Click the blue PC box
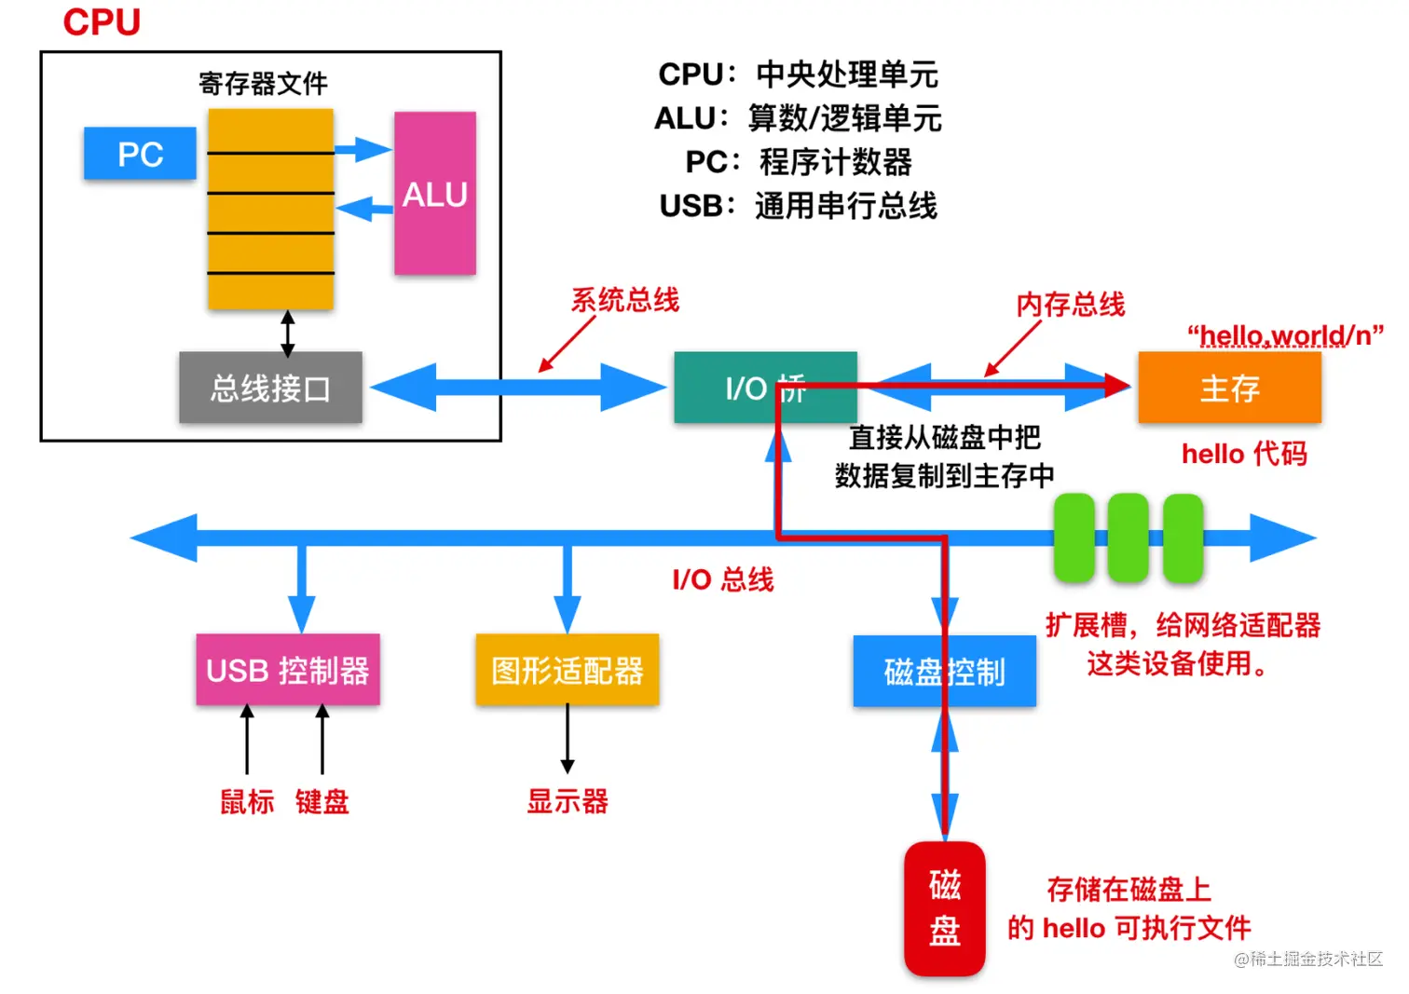tap(140, 154)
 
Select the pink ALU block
tap(434, 194)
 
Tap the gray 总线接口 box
tap(270, 388)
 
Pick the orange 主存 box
tap(1229, 388)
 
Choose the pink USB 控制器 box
tap(288, 670)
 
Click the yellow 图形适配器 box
tap(567, 670)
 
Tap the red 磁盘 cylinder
tap(944, 908)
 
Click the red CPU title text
tap(102, 22)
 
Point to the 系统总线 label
tap(624, 300)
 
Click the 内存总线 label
tap(1070, 305)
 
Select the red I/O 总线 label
tap(722, 579)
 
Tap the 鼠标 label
tap(247, 801)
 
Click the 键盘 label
tap(322, 801)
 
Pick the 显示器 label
tap(567, 801)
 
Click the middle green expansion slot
tap(1128, 538)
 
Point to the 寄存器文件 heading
tap(263, 84)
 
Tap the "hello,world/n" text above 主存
tap(1285, 335)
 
